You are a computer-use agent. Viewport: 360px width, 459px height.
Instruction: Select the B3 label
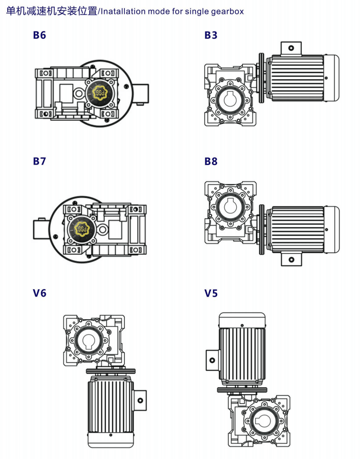(x=211, y=35)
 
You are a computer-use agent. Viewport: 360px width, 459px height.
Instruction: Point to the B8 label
(x=211, y=161)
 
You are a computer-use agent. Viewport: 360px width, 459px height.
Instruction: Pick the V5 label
(x=211, y=293)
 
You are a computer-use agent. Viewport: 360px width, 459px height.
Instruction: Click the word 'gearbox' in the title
(x=227, y=10)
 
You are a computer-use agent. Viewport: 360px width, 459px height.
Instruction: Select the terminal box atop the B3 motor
(x=291, y=48)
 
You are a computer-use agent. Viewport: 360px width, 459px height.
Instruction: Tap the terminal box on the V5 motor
(x=212, y=360)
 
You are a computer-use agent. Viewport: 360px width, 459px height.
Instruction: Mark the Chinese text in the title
(x=51, y=10)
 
